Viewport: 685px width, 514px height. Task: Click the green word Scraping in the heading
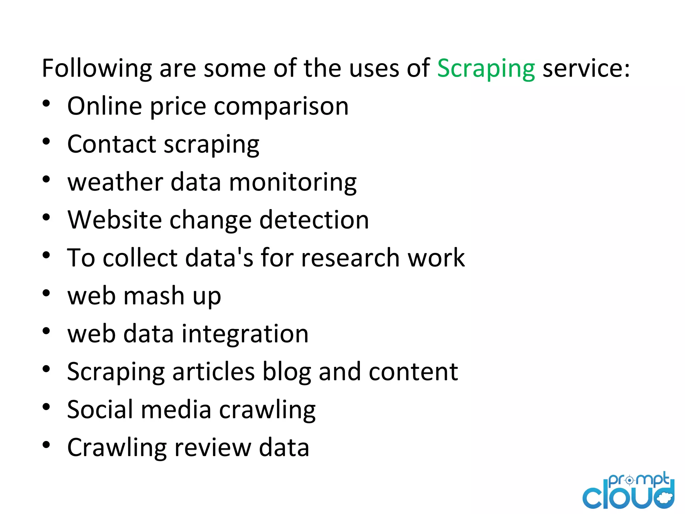click(x=486, y=69)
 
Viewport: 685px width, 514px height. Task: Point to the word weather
click(x=115, y=182)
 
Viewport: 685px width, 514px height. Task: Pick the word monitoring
click(x=293, y=183)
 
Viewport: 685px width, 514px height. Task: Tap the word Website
click(x=114, y=220)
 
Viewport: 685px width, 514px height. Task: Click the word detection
click(x=314, y=220)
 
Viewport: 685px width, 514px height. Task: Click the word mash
click(x=154, y=296)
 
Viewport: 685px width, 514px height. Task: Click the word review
click(x=212, y=447)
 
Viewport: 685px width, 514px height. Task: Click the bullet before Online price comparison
click(x=46, y=103)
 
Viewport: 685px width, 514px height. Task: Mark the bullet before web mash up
click(x=46, y=293)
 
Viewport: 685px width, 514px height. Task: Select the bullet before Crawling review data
click(x=46, y=445)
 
